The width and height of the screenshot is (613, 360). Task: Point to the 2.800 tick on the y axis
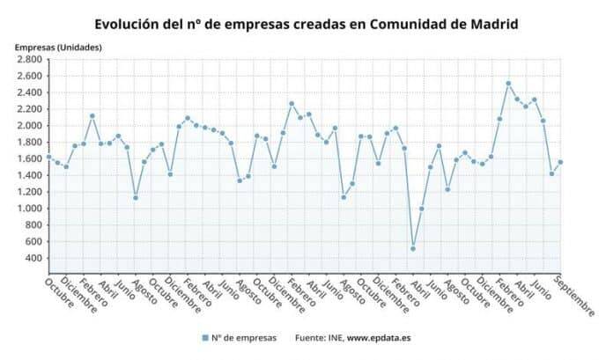point(29,59)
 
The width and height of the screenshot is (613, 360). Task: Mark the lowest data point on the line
point(413,248)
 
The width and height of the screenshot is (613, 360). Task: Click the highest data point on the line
point(508,84)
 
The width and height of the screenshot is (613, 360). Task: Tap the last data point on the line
point(560,162)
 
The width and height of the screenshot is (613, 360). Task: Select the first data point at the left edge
point(48,157)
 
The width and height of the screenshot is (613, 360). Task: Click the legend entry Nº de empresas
point(243,337)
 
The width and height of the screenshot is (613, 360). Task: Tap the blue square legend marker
point(203,337)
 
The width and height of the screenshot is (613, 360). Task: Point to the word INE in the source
point(332,337)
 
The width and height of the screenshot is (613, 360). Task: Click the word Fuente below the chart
point(308,337)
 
